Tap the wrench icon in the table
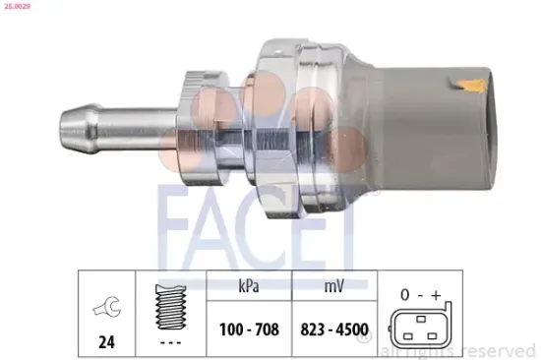[102, 309]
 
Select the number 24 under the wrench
[101, 345]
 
